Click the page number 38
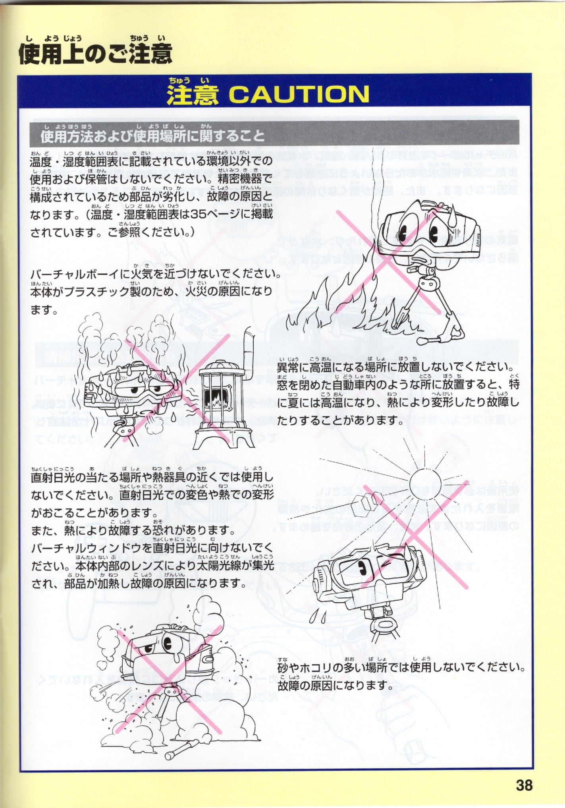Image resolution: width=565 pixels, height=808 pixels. [524, 785]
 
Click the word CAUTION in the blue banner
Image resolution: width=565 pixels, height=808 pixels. [299, 95]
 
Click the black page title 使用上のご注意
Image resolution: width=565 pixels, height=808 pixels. [95, 54]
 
